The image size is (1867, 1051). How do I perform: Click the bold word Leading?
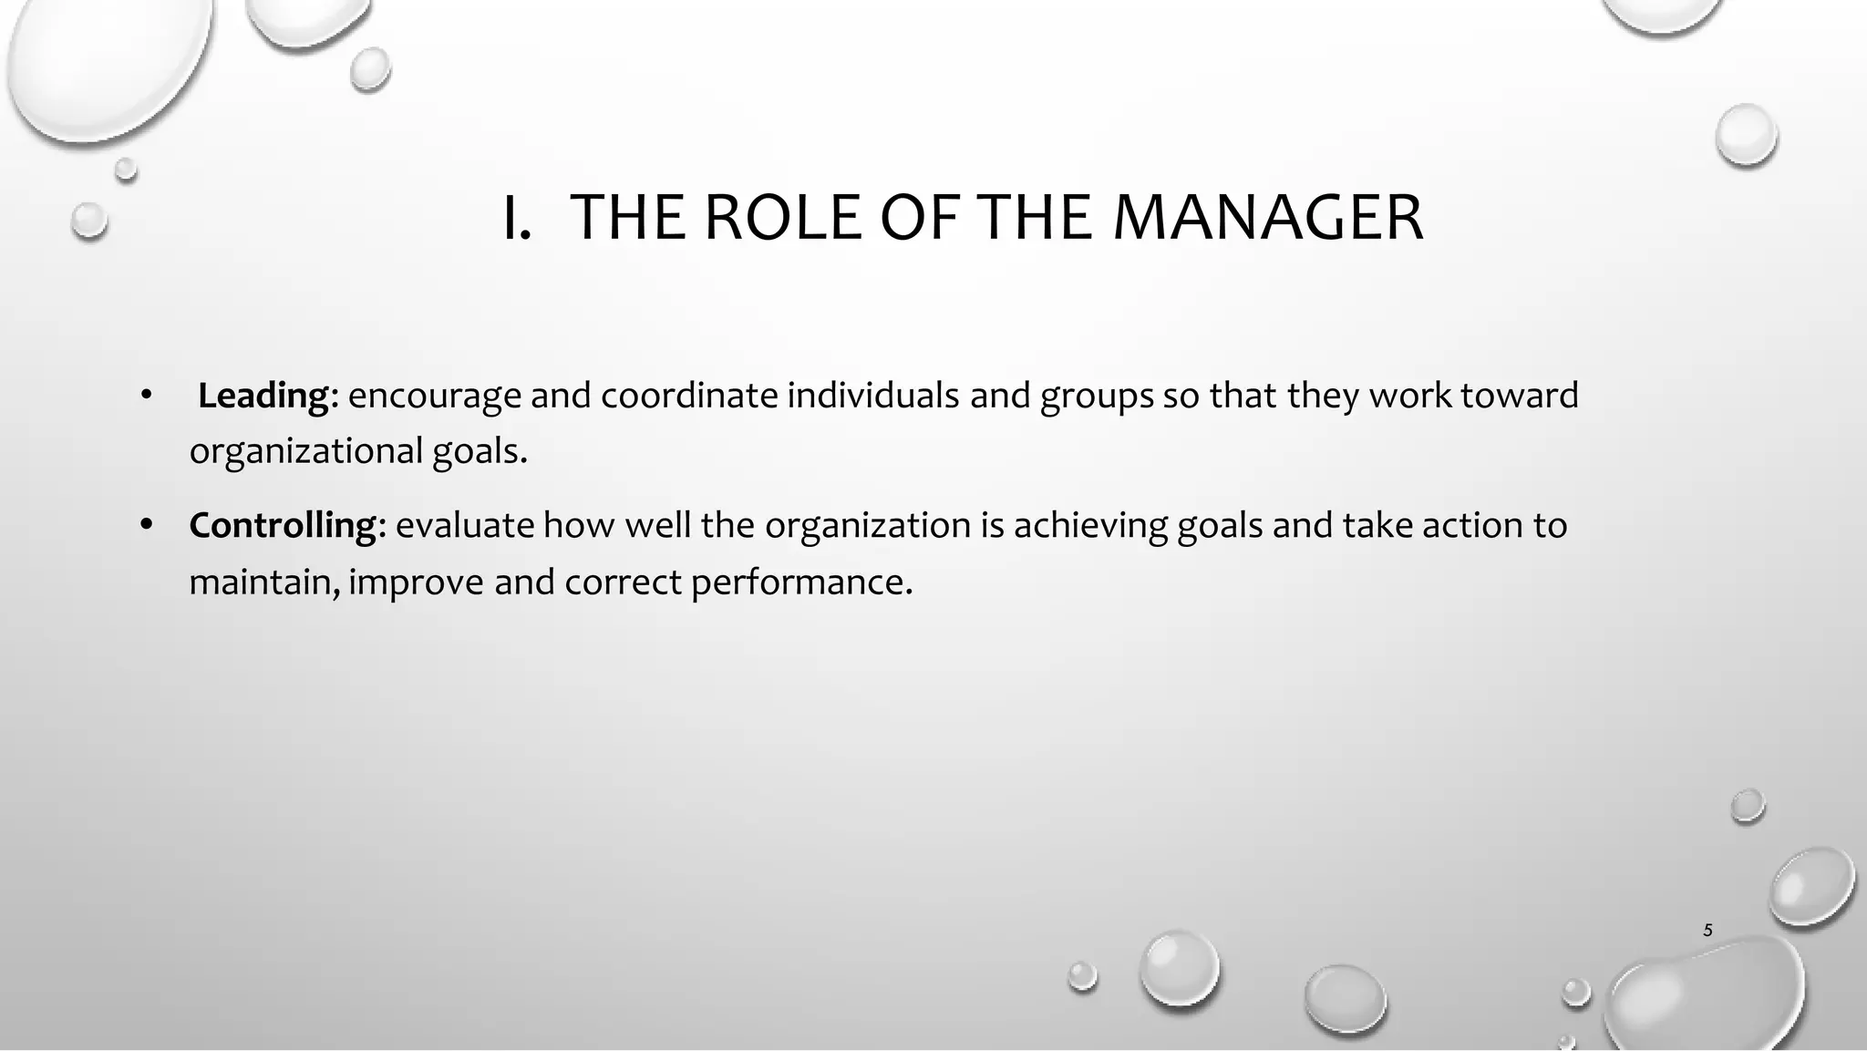(263, 396)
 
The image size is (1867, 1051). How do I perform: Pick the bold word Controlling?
(283, 525)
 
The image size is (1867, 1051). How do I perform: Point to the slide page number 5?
(1707, 931)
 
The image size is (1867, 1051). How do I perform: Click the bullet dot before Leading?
(145, 396)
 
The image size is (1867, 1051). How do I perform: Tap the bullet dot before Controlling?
(145, 525)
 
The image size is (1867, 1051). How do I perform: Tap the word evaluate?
(465, 525)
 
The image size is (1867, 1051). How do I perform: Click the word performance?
(800, 582)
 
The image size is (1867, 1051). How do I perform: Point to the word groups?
(1097, 396)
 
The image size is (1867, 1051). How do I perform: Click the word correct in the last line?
(622, 582)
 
